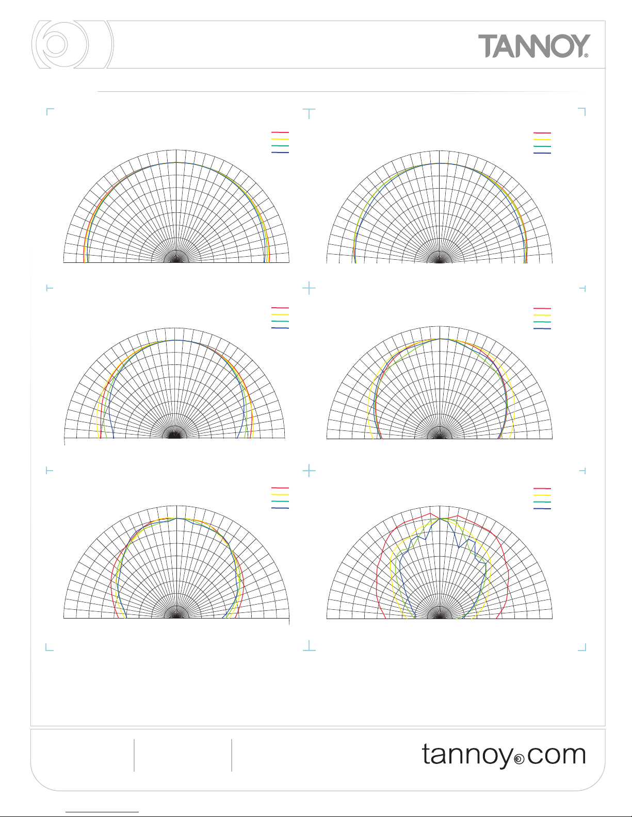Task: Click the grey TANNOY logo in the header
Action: (x=534, y=46)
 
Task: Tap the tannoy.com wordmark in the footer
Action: (x=504, y=755)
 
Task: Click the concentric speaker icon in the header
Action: (x=72, y=44)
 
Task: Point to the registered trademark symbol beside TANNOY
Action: (x=586, y=56)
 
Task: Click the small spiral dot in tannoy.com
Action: (x=519, y=759)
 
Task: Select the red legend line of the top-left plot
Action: (x=280, y=132)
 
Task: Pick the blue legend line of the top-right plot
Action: (x=542, y=153)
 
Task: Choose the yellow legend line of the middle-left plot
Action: (x=280, y=315)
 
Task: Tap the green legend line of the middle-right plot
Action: (x=542, y=322)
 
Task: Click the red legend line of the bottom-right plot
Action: (x=542, y=488)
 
